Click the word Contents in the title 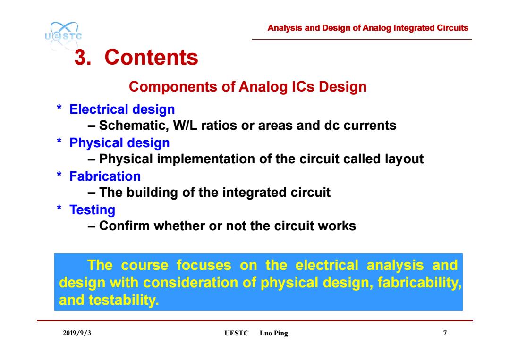coord(151,57)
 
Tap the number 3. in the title coord(83,58)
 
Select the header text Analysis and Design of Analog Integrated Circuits coord(368,28)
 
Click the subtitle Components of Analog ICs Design coord(248,87)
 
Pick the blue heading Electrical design coord(122,109)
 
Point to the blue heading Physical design coord(119,143)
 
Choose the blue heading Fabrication coord(105,176)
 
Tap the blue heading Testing coord(93,210)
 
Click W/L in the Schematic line coord(185,126)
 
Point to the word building coord(152,193)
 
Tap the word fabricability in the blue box coord(420,283)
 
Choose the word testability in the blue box coord(124,300)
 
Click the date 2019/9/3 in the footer coord(77,333)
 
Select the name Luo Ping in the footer coord(274,334)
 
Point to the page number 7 coord(445,333)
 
